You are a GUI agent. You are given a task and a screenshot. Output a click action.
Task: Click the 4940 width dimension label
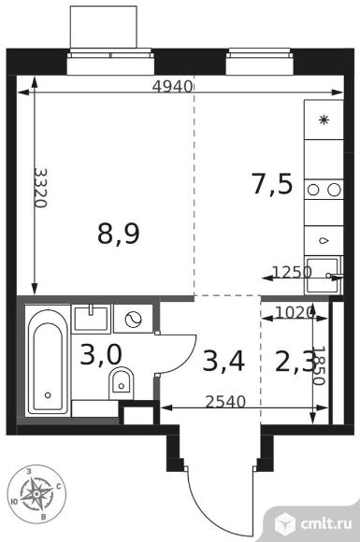click(172, 86)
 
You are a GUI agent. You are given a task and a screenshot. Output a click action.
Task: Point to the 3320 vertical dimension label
click(40, 188)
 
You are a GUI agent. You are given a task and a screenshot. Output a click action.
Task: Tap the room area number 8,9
click(119, 234)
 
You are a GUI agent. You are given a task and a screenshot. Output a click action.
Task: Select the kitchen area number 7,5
click(272, 184)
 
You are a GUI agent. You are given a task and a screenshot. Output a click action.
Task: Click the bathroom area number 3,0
click(101, 355)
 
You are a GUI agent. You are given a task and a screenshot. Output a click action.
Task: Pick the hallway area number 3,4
click(223, 361)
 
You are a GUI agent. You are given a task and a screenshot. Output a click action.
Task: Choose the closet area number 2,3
click(295, 361)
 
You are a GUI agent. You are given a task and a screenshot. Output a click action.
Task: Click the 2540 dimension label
click(225, 402)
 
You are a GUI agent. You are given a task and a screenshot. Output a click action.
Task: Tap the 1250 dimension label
click(293, 272)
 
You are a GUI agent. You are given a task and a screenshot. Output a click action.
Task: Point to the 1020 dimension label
click(295, 312)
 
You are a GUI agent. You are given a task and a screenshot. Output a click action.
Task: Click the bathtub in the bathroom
click(48, 361)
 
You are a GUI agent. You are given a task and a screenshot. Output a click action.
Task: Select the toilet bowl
click(122, 383)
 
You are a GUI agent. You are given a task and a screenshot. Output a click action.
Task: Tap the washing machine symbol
click(133, 319)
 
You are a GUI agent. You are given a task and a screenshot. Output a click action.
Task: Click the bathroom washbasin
click(92, 319)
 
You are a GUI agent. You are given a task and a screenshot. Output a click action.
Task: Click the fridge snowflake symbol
click(324, 120)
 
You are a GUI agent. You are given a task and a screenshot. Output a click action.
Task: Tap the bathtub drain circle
click(48, 394)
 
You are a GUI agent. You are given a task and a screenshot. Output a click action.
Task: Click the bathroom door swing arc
click(184, 357)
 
